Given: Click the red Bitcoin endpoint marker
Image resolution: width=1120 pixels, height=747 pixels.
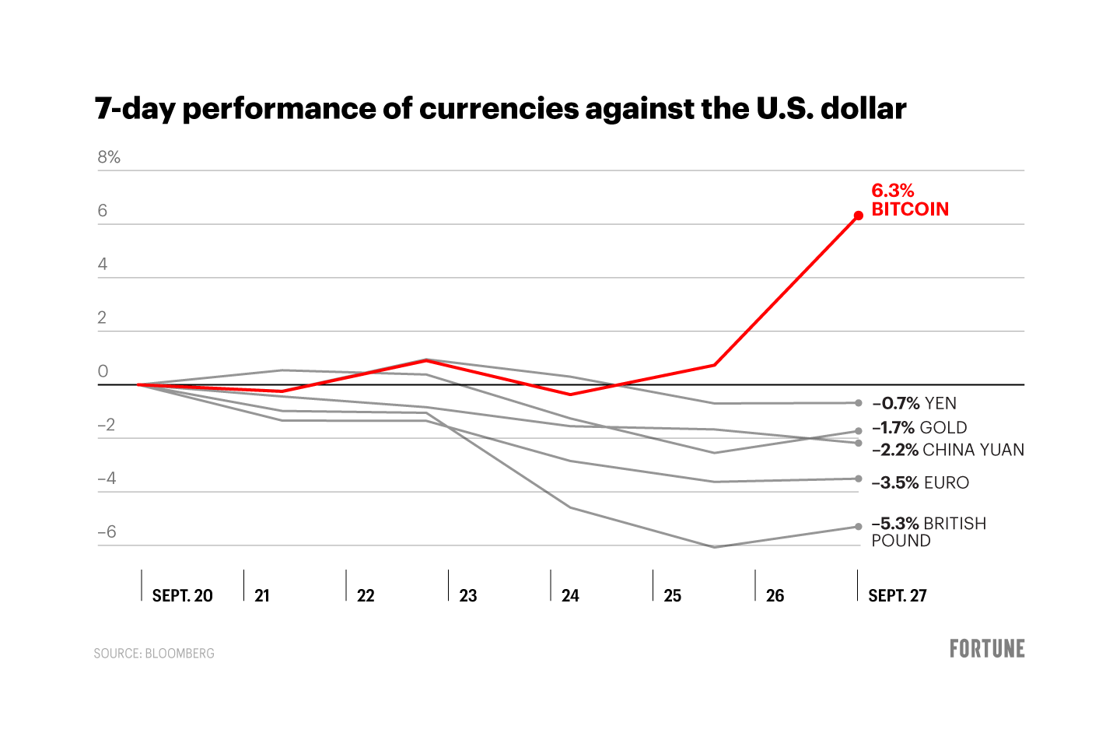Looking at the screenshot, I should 858,216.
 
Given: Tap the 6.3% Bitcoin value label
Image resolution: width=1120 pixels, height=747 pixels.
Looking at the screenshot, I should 893,191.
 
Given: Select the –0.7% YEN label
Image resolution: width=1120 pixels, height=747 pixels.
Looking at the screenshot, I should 915,403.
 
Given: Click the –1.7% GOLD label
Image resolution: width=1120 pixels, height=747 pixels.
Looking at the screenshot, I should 919,427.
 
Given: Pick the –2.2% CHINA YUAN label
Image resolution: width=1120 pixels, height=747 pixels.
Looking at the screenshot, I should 947,450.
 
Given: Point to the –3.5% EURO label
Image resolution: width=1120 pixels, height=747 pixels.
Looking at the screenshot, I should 920,482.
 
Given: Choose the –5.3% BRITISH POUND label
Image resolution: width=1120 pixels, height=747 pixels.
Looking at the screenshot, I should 928,531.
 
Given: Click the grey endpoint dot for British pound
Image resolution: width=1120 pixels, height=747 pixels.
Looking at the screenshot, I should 859,527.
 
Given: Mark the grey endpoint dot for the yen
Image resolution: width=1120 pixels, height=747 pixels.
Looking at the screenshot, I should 859,403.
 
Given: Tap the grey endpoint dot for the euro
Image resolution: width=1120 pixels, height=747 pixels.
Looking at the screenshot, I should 859,479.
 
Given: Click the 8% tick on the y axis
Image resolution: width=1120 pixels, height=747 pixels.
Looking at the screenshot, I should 109,157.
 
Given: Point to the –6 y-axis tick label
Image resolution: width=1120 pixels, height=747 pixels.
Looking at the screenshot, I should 107,532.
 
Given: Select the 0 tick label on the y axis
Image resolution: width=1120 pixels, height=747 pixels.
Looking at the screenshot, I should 103,372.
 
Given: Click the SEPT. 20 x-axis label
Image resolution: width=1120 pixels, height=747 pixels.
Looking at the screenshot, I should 182,595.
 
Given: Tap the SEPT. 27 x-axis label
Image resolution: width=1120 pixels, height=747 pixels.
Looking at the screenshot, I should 898,595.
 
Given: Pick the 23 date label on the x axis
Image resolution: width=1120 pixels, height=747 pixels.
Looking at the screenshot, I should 467,595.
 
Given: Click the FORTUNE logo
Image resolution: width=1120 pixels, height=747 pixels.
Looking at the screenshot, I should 987,649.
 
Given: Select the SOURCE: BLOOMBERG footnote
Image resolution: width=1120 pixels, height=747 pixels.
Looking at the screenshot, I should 154,654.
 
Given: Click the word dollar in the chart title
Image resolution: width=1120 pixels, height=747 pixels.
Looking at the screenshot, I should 863,108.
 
